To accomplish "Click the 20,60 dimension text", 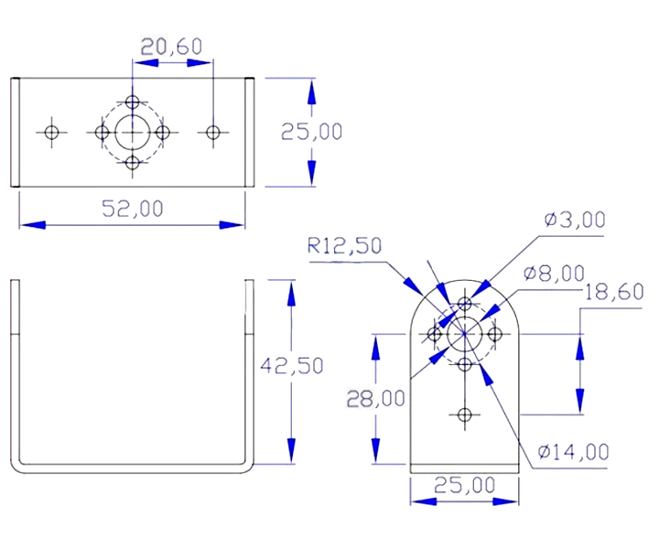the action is tap(171, 47).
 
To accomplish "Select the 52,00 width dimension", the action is tap(133, 209).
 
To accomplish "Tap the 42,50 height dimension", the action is tap(292, 365).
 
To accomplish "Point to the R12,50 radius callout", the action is tap(345, 246).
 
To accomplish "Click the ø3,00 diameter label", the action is tap(575, 220).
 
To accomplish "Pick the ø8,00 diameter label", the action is tap(555, 274).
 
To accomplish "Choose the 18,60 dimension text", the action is tap(614, 292).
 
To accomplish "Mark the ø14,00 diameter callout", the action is tap(574, 452).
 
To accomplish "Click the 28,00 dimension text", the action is tap(376, 399).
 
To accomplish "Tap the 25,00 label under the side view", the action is tap(464, 486).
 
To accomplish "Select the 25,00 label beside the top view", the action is tap(311, 132).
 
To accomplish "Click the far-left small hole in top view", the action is tap(51, 133).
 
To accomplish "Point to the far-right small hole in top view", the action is tap(213, 133).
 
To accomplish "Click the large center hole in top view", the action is tap(133, 133).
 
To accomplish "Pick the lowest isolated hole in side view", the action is tap(464, 415).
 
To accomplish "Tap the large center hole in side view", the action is tap(464, 334).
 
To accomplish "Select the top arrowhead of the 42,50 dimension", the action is tap(291, 293).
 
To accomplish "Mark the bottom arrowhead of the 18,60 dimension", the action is tap(580, 402).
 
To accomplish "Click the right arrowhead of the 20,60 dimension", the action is tap(200, 63).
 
